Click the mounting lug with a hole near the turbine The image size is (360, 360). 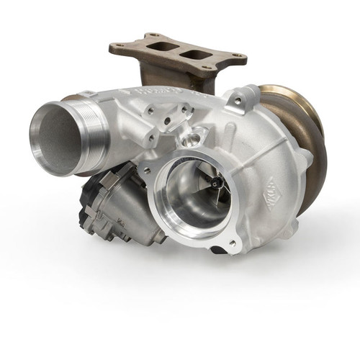[237, 97]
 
